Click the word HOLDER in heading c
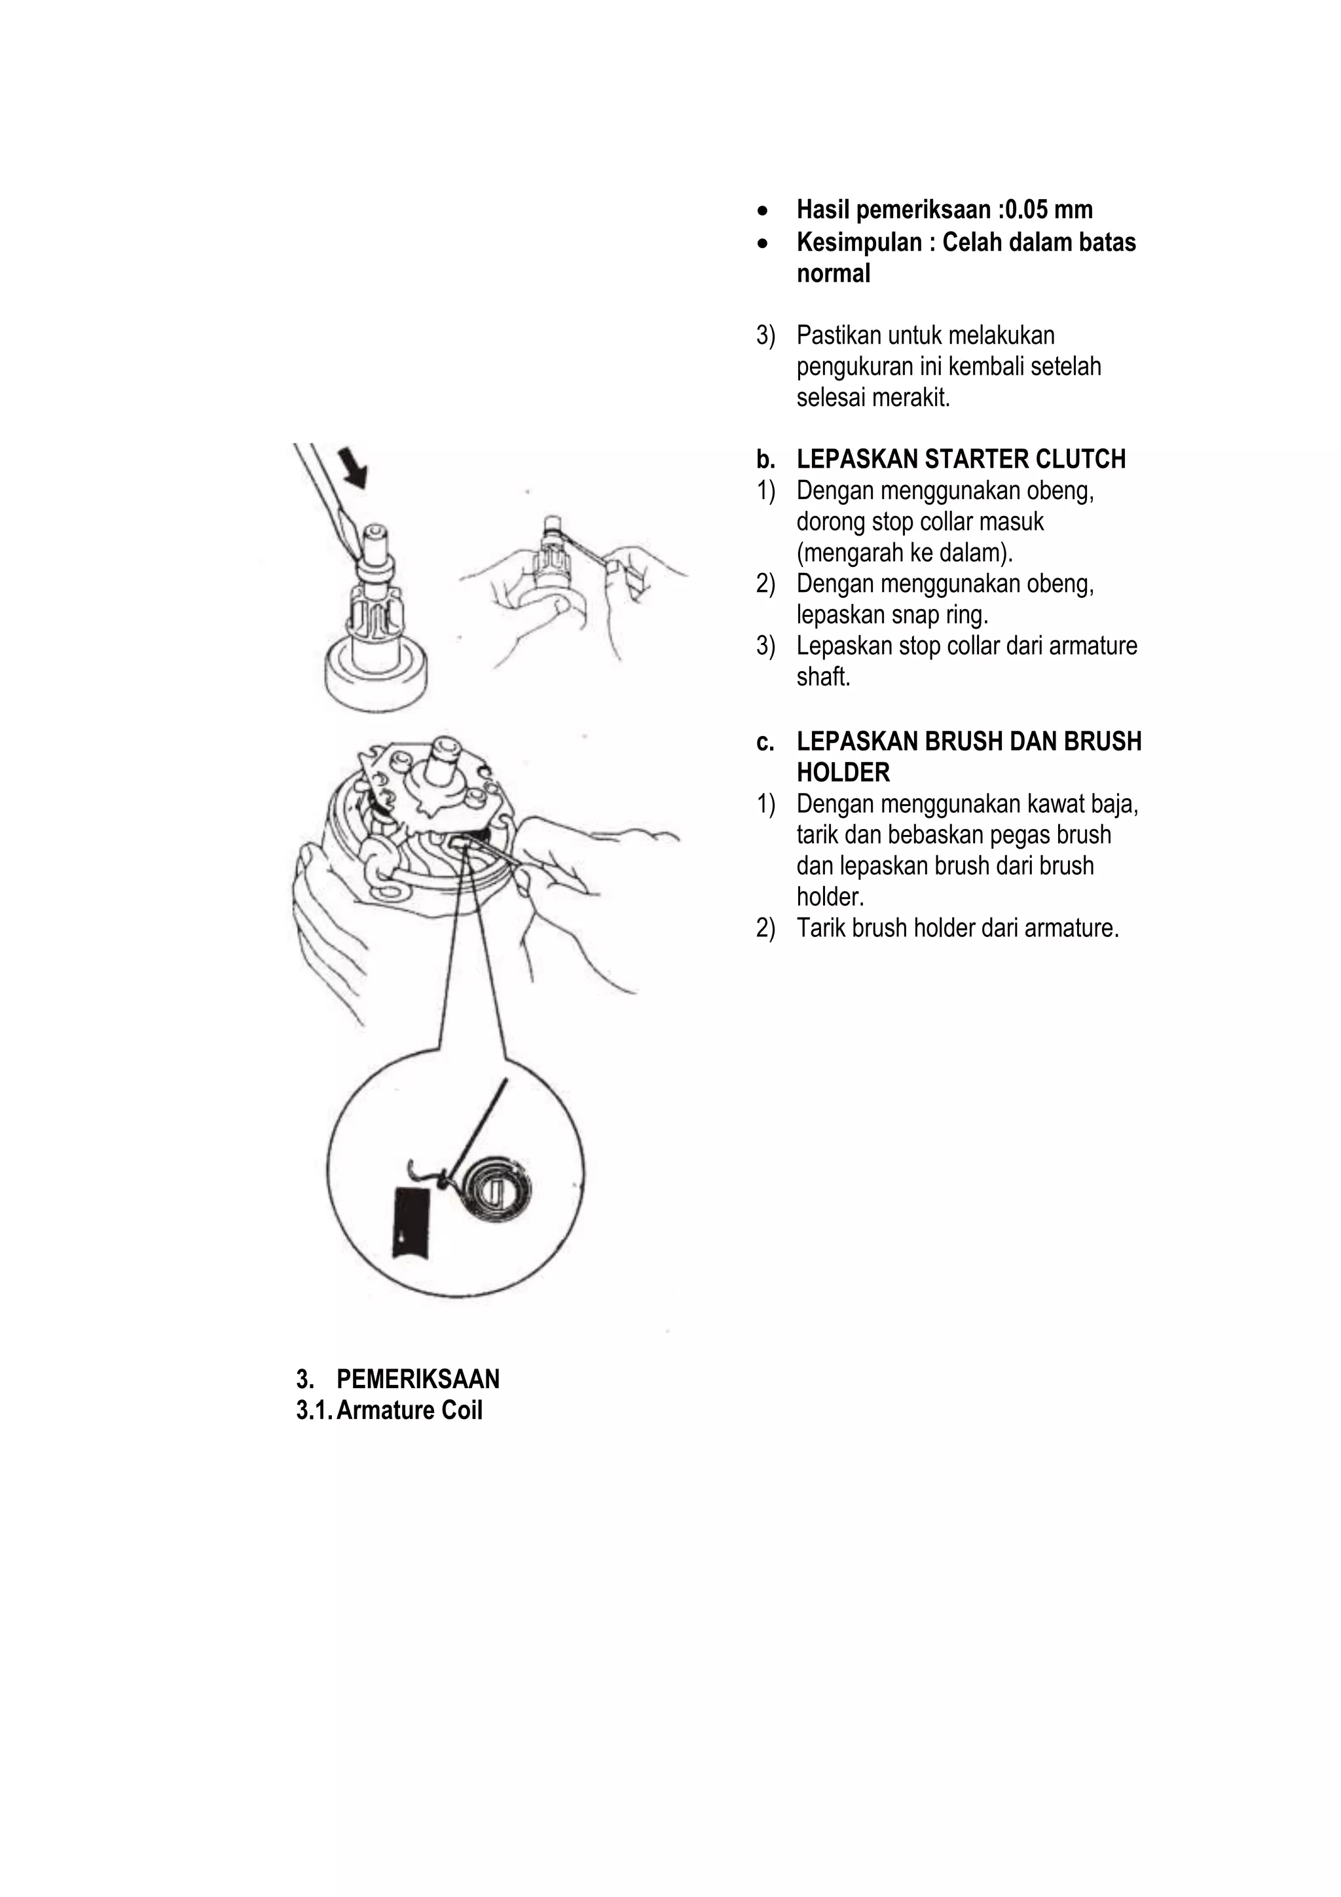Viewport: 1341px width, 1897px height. [843, 773]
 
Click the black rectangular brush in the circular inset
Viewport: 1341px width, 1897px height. [413, 1224]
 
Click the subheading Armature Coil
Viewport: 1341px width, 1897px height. [409, 1410]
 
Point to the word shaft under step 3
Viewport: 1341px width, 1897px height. [823, 678]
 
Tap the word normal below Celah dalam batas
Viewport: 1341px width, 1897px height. [833, 274]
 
